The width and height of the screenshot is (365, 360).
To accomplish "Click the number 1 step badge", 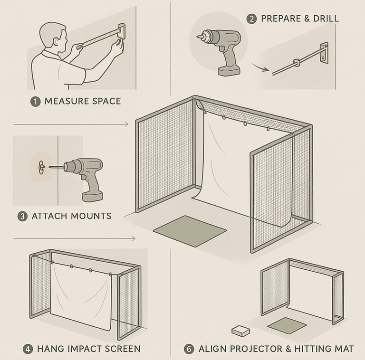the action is click(35, 102).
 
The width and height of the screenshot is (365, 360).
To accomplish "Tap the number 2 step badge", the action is click(251, 19).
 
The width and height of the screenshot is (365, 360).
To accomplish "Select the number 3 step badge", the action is click(23, 216).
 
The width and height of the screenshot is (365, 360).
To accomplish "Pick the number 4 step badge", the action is click(28, 349).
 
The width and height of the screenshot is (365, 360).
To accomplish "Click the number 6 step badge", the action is click(189, 349).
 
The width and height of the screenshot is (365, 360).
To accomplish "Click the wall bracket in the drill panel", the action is click(324, 53).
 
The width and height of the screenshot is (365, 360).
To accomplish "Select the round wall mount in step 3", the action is click(42, 167).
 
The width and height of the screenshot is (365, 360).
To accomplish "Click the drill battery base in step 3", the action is click(92, 197).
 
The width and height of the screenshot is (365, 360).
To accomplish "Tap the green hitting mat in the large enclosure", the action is click(190, 231).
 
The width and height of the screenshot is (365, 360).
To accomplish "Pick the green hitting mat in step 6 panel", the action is click(287, 326).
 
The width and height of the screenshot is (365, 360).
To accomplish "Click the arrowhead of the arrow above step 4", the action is click(134, 238).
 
